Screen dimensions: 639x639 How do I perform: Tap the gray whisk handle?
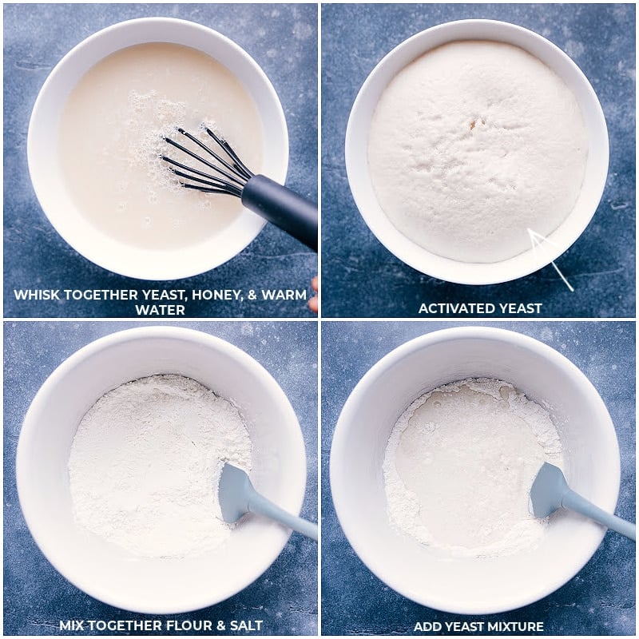click(x=280, y=208)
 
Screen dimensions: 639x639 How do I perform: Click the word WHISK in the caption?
click(x=38, y=295)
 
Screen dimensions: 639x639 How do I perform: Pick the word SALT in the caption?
click(x=247, y=625)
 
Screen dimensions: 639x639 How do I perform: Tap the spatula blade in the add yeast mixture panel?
click(x=548, y=490)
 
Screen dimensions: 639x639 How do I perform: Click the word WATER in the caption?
click(x=161, y=309)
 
